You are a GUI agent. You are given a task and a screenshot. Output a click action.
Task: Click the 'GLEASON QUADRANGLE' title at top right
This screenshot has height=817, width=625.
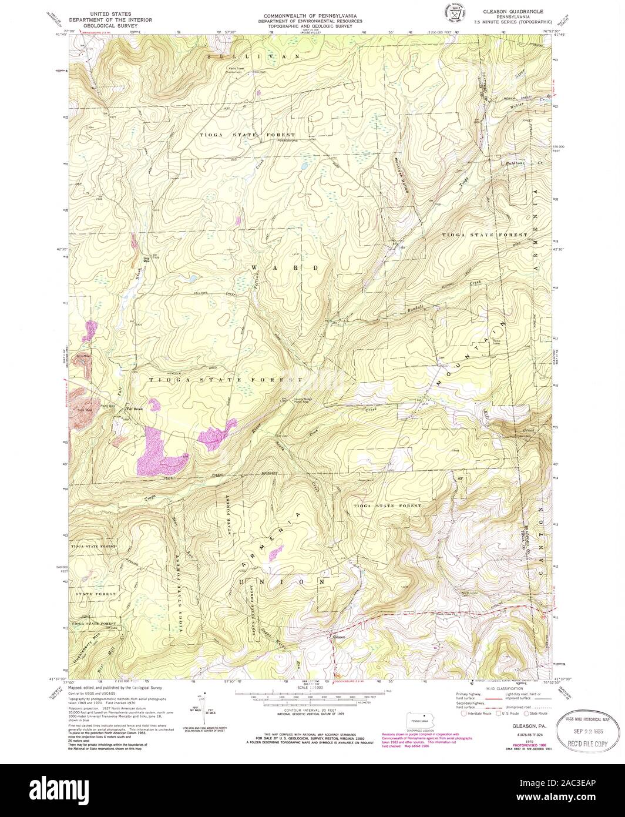[x=513, y=11]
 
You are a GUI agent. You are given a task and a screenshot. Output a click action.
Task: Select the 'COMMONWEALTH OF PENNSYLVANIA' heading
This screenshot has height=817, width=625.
[x=304, y=11]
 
